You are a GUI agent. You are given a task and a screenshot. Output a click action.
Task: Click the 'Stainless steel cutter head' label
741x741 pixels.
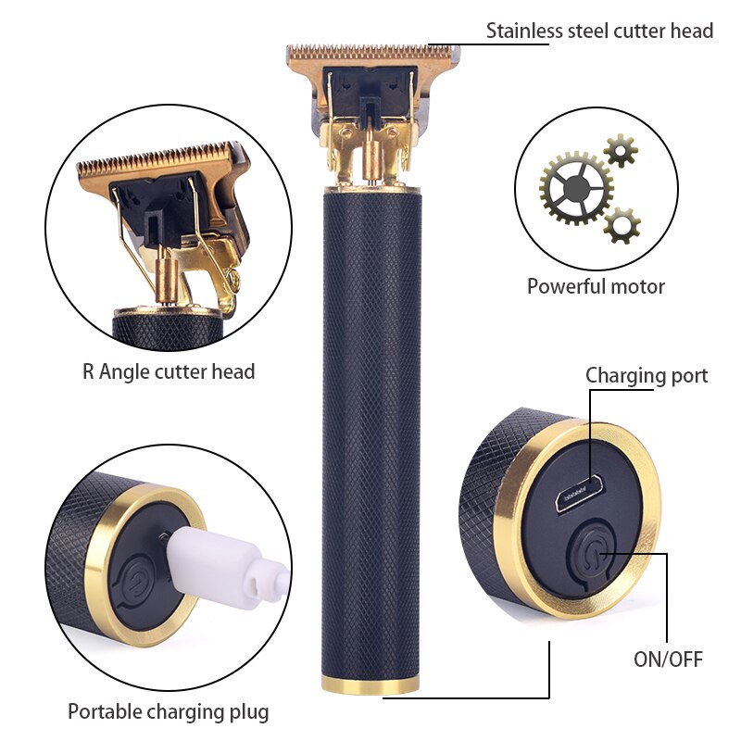[x=599, y=31]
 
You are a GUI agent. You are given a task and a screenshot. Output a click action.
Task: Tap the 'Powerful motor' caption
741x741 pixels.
[x=596, y=286]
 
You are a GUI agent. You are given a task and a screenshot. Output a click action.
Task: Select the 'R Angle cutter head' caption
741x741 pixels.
[x=169, y=371]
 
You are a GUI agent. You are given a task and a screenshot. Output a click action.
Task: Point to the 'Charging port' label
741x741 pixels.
[x=647, y=376]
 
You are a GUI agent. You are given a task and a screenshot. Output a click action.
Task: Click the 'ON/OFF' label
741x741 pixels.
[x=668, y=659]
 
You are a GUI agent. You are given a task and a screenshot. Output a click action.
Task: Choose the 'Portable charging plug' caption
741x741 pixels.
[x=169, y=711]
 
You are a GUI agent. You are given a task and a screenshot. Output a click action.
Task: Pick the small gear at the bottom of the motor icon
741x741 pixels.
[x=622, y=225]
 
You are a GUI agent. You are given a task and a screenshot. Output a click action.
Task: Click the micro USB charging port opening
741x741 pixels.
[x=580, y=495]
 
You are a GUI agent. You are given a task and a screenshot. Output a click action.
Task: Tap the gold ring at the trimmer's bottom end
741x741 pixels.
[x=370, y=684]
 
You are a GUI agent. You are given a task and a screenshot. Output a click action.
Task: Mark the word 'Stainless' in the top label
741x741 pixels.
[x=524, y=31]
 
